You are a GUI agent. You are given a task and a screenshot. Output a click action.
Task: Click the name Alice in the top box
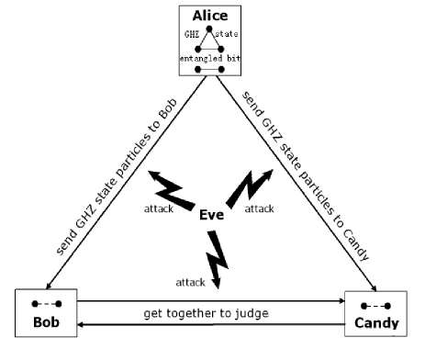coord(211,16)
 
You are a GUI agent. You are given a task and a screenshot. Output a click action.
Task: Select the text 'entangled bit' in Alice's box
coord(211,58)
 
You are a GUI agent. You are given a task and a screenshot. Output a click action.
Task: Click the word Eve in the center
coord(212,214)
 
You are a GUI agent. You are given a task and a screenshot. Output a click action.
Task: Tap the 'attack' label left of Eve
coord(159,209)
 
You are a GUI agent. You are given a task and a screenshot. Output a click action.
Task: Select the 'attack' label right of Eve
coord(260,208)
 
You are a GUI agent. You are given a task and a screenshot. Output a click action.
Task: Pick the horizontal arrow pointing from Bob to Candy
coord(210,299)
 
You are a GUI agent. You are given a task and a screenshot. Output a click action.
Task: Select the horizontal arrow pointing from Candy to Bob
coord(210,324)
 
